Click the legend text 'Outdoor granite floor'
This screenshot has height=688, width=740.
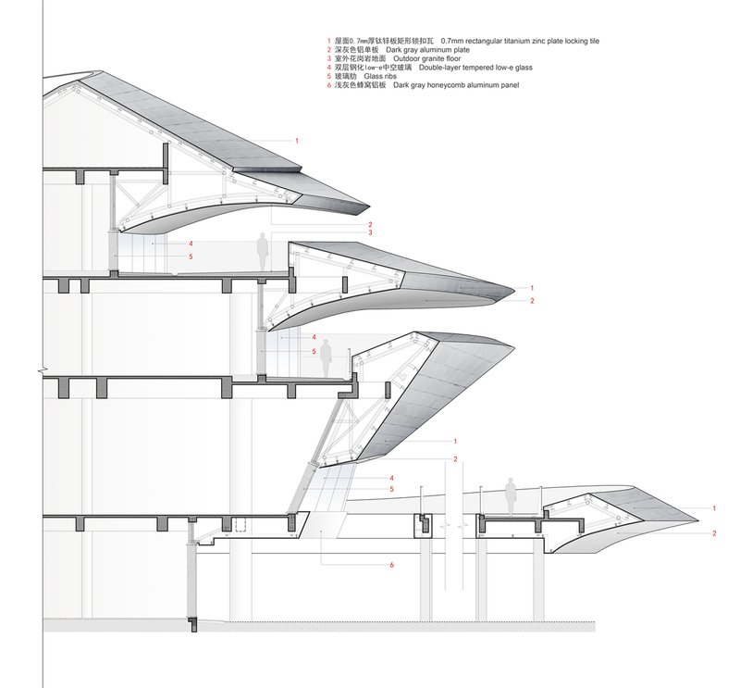(426, 58)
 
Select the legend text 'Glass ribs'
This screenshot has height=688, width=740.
(380, 76)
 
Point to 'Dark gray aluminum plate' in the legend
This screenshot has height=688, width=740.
(427, 50)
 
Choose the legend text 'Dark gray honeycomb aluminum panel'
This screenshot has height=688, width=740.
(456, 85)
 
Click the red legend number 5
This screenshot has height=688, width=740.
(329, 76)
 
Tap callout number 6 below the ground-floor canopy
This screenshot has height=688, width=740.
(391, 565)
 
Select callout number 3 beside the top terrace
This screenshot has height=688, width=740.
(371, 232)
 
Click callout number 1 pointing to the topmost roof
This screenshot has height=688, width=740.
(296, 141)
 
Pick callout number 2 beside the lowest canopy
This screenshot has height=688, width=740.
(714, 533)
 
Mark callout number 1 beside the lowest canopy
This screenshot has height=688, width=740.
(714, 508)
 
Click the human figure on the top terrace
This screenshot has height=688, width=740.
(263, 252)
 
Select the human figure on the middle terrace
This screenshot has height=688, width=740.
(326, 358)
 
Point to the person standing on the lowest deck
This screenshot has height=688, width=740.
(510, 496)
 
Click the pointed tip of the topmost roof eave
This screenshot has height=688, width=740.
(369, 207)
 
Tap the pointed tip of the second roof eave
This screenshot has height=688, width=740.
(515, 289)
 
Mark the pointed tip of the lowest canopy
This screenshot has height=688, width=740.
(698, 519)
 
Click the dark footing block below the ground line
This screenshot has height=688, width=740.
(192, 294)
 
